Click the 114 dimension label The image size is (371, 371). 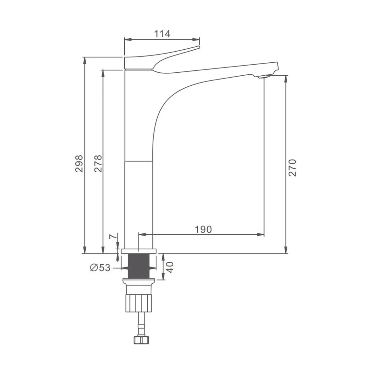coord(162,34)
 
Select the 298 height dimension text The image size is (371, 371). coord(79,163)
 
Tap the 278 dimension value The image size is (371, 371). coord(98,163)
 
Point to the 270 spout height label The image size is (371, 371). coord(292,168)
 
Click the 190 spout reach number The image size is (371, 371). coord(203,229)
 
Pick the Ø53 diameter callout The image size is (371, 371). coord(100,268)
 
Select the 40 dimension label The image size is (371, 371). coord(170,267)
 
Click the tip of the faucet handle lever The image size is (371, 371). coord(199,47)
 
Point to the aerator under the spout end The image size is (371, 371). coord(264,76)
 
